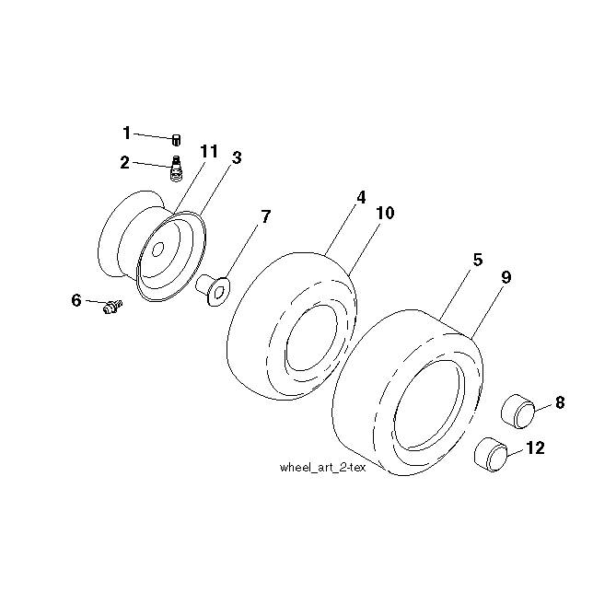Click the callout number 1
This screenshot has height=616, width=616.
[126, 133]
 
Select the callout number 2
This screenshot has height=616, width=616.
[124, 162]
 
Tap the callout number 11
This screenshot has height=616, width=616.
[209, 151]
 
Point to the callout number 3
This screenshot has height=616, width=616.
[237, 157]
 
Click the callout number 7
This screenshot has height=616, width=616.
[266, 216]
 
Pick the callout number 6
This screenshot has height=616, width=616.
[76, 300]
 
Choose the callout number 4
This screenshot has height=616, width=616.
[361, 197]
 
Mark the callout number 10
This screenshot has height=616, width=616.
[385, 213]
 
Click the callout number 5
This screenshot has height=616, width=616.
[477, 260]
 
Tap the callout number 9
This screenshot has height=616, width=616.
[506, 277]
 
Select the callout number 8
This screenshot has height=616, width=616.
[560, 402]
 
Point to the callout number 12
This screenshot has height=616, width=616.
[535, 447]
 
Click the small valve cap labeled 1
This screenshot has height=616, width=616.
[177, 140]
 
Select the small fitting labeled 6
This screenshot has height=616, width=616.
[112, 307]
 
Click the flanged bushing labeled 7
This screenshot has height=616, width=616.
[213, 290]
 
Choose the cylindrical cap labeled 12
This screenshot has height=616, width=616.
[492, 454]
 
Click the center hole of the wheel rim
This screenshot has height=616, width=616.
[157, 250]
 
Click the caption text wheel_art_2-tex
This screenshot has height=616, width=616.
[322, 468]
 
